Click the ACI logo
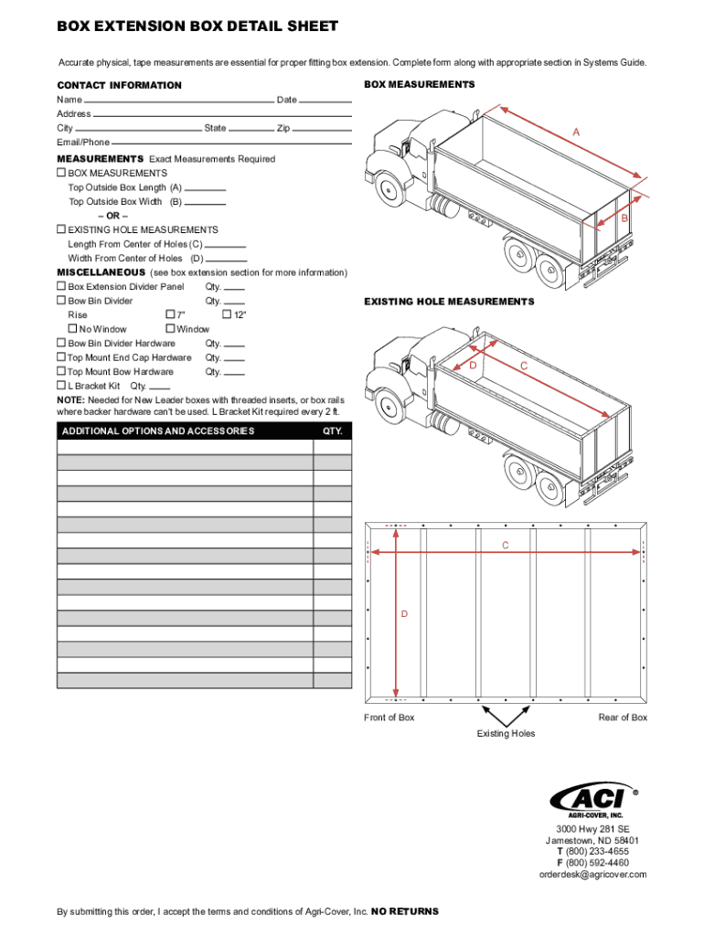(x=592, y=798)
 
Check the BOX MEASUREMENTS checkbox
(x=61, y=173)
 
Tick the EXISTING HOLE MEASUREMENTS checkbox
(x=61, y=229)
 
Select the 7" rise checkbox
(x=169, y=314)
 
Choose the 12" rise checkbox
(x=228, y=314)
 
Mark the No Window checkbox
(x=72, y=328)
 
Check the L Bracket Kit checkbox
(x=61, y=386)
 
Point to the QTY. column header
(x=332, y=431)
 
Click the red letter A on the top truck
(x=575, y=133)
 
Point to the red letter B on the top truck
(x=625, y=219)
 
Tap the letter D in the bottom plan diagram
(x=403, y=613)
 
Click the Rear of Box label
(x=623, y=718)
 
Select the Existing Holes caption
(x=506, y=734)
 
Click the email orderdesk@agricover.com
(x=592, y=875)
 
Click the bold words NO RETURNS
(x=405, y=911)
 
